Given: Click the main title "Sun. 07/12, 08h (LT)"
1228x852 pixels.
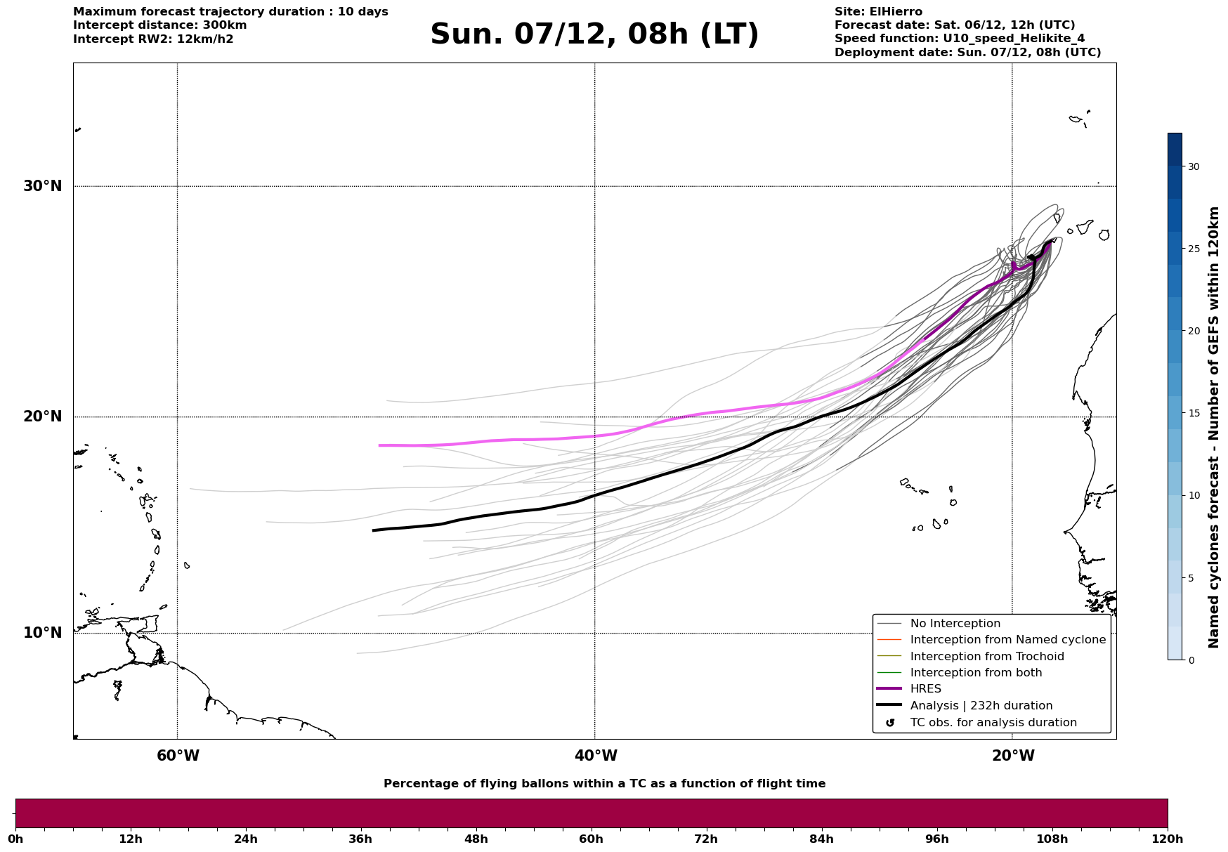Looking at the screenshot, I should tap(594, 34).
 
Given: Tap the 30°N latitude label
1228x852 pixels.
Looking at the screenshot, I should tap(42, 186).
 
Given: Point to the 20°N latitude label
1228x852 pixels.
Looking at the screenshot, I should tap(42, 417).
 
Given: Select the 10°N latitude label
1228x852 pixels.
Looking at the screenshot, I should tap(42, 633).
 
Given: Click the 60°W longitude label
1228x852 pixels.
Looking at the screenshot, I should tap(178, 756).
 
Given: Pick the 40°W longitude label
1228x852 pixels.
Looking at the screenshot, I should tap(596, 756).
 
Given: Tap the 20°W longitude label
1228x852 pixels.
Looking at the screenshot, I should tap(1013, 756).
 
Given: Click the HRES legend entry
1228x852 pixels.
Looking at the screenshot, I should tap(925, 689).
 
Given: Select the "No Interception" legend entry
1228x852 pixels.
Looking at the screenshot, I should tap(955, 624).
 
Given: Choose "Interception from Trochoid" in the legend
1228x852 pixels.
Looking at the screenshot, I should tap(986, 657).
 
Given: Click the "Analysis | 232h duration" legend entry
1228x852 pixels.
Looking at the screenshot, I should tap(981, 706).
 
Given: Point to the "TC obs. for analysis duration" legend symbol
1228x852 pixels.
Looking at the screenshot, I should tap(890, 723).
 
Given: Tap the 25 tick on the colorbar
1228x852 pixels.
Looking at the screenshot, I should tap(1193, 249).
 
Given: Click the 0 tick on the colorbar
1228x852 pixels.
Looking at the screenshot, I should tap(1189, 660).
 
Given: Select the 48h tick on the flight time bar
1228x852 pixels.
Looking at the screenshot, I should tap(476, 839).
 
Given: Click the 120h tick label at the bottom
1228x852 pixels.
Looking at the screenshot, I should tap(1167, 839).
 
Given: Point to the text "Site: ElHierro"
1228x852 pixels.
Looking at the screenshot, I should tap(878, 12).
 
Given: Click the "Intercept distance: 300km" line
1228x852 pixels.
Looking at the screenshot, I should tap(159, 25).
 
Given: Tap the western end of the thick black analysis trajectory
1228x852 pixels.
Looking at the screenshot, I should tap(373, 530).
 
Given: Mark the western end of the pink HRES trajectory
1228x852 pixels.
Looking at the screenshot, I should tap(379, 445).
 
